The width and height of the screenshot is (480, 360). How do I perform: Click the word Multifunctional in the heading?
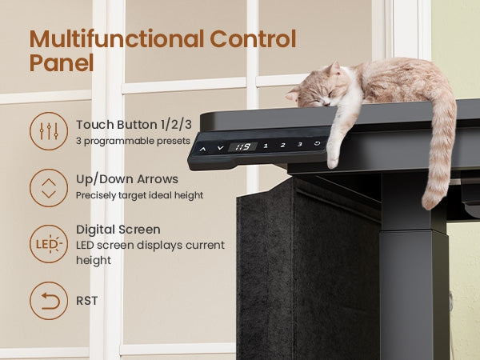click(117, 38)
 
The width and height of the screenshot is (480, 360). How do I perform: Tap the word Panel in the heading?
click(62, 62)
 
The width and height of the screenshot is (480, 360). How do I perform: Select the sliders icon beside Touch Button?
click(49, 131)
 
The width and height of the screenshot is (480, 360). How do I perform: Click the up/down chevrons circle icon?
click(49, 188)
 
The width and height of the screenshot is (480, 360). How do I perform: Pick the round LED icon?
click(49, 244)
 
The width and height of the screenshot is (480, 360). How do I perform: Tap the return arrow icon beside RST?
click(49, 301)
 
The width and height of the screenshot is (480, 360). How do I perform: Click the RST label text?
click(87, 301)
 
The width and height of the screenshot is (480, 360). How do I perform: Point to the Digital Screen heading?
click(118, 230)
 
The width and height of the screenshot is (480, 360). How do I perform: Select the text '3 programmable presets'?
click(133, 141)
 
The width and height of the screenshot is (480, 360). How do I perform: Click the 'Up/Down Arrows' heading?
click(127, 179)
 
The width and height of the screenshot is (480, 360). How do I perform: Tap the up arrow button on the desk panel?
click(202, 149)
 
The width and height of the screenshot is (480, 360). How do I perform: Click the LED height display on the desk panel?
click(242, 147)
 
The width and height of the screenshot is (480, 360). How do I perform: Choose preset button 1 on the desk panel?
click(266, 146)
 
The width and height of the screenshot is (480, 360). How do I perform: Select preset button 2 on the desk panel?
click(283, 145)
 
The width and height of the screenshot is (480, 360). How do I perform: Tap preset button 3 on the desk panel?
click(300, 144)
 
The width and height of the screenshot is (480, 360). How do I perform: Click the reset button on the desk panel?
click(318, 143)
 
